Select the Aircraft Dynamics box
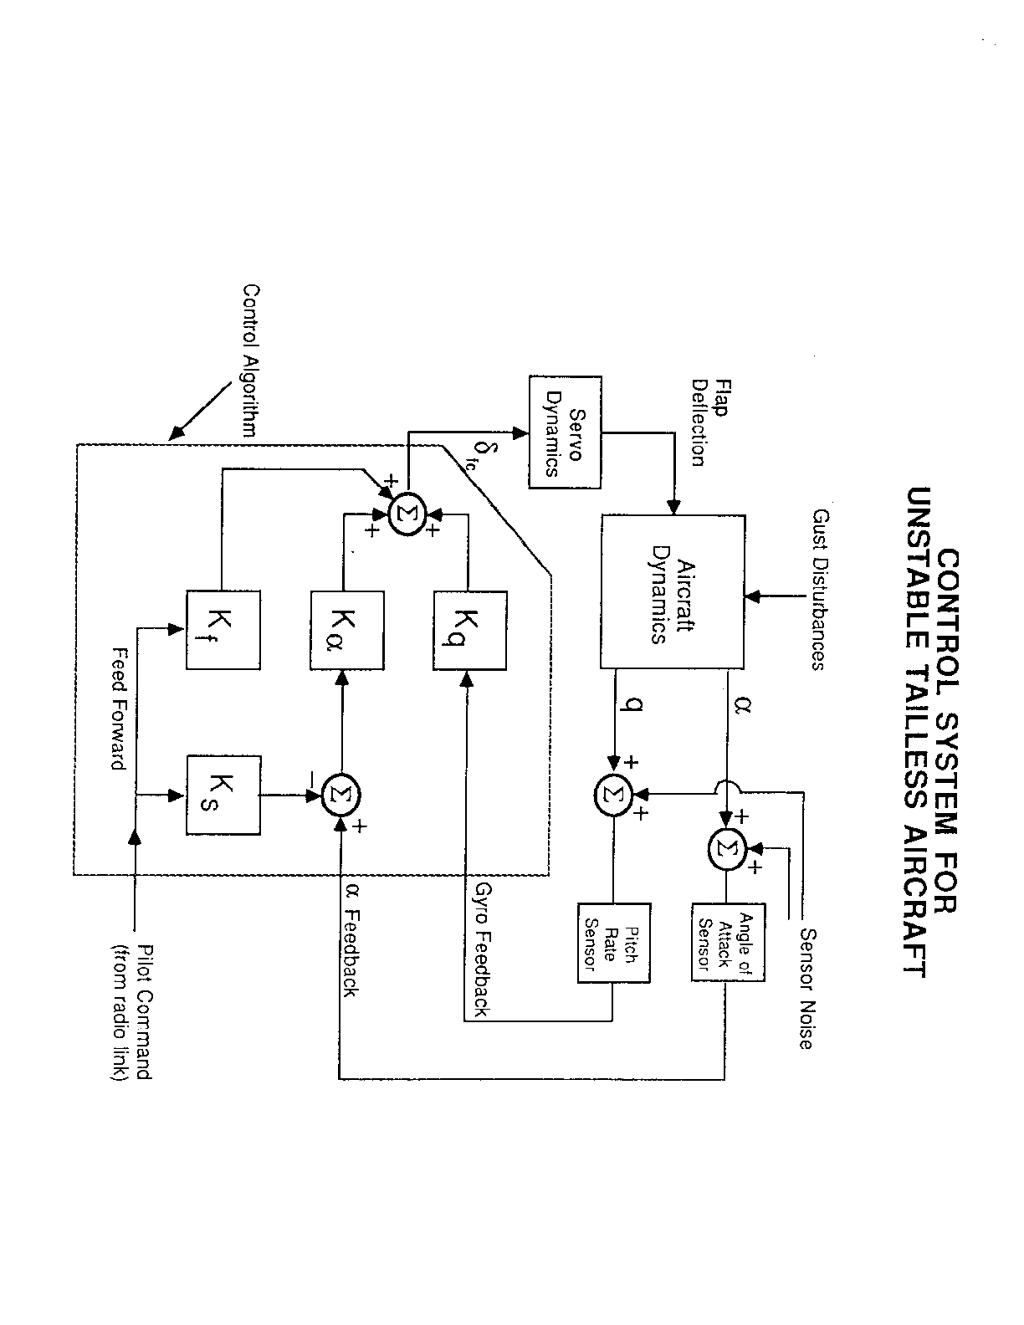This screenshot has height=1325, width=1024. (672, 591)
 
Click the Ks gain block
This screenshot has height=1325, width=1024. (222, 795)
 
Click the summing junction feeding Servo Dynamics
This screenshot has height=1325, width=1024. (407, 509)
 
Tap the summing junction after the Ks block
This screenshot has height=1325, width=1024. (341, 795)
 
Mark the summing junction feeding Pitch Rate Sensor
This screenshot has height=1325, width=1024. (614, 795)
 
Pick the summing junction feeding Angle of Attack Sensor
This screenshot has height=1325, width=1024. (727, 847)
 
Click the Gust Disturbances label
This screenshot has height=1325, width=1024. (818, 590)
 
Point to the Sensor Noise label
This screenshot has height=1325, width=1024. (806, 987)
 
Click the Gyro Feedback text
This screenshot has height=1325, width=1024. (482, 949)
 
